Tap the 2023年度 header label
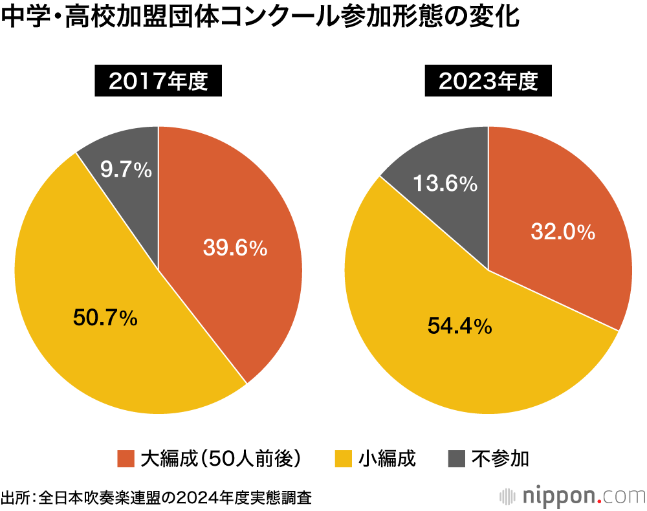click(x=488, y=82)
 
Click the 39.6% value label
click(x=235, y=247)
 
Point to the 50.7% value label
click(x=105, y=318)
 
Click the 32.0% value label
click(x=563, y=232)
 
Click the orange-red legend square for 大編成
click(x=126, y=459)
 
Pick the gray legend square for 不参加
click(x=457, y=459)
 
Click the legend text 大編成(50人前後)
click(x=221, y=459)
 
